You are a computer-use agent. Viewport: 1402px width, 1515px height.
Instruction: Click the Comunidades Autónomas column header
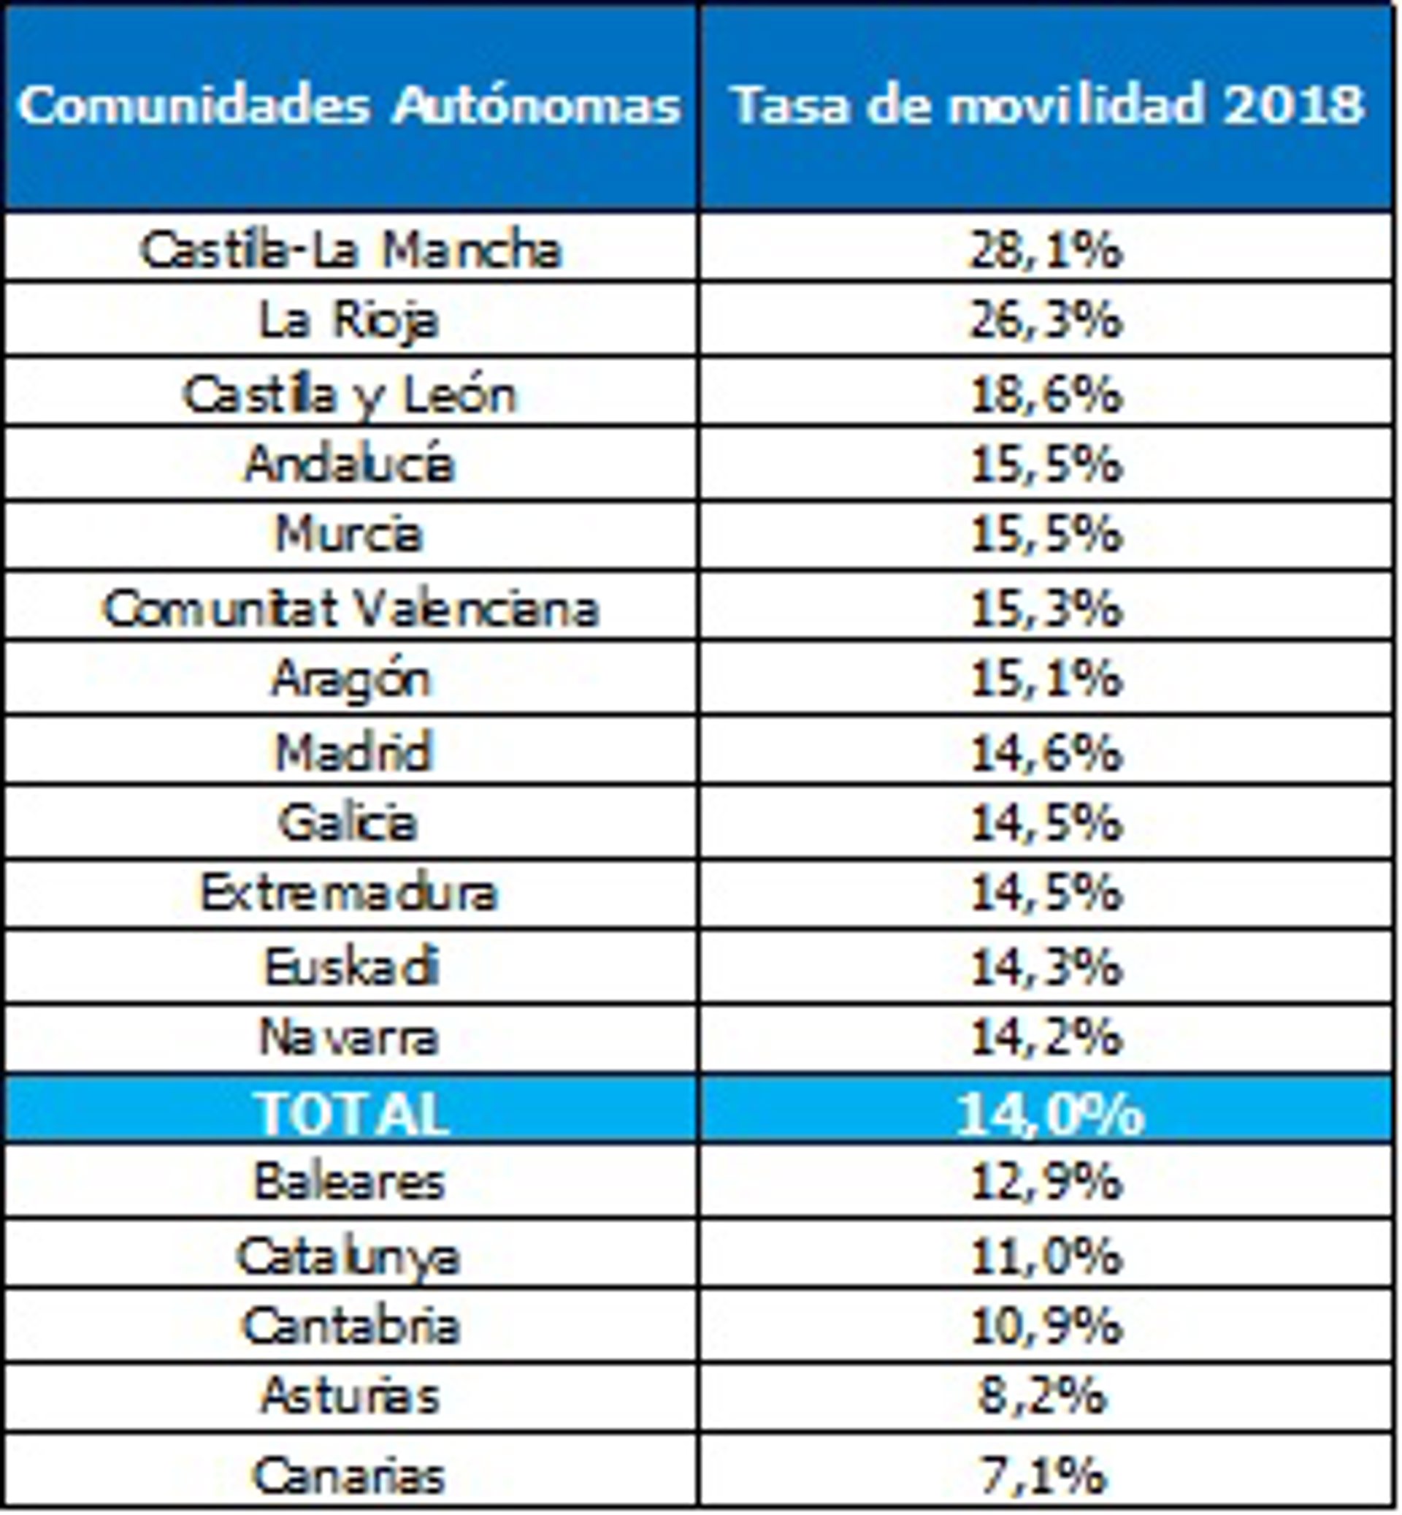[x=349, y=104]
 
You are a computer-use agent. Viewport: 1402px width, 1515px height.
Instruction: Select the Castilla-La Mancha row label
[x=350, y=250]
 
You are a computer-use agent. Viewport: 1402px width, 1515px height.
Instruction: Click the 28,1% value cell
[x=1046, y=250]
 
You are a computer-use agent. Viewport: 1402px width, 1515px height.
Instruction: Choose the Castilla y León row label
[x=349, y=394]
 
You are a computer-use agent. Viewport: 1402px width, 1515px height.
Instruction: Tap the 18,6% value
[x=1046, y=394]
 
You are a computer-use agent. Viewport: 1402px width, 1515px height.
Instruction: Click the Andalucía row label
[x=349, y=464]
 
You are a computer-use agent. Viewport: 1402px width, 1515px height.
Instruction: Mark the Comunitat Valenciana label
[x=350, y=608]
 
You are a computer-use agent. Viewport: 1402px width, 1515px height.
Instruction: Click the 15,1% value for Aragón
[x=1046, y=678]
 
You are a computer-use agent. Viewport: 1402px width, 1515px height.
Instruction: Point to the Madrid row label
[x=352, y=752]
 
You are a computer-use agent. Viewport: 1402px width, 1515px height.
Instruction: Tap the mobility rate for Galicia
[x=1046, y=823]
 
